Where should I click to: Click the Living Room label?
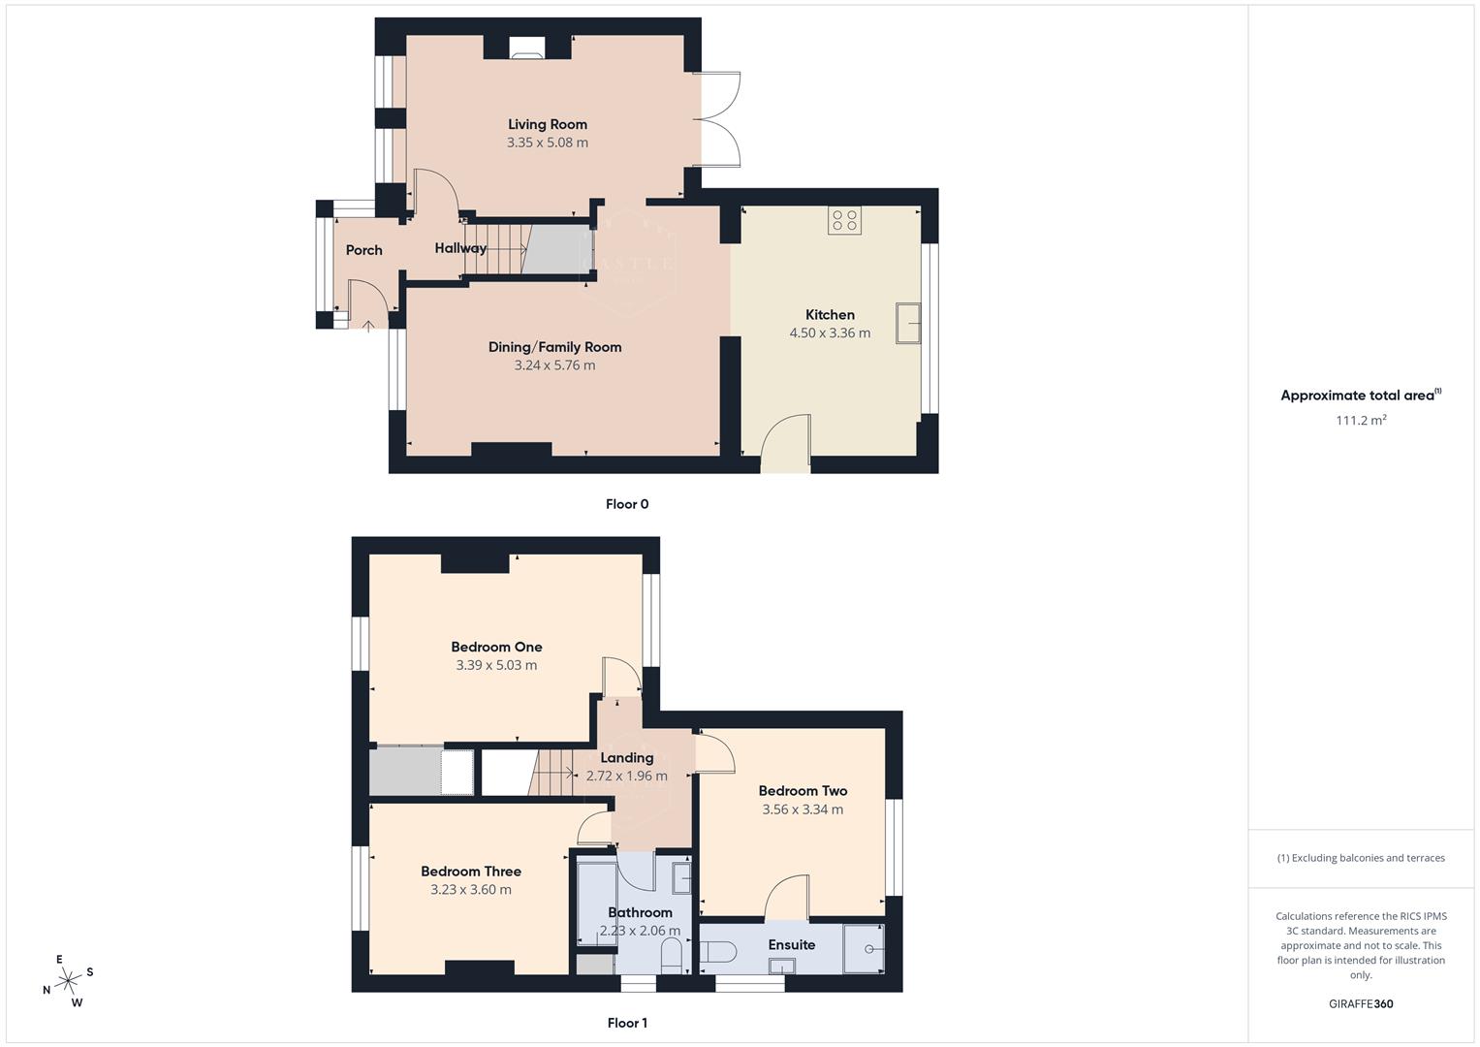pos(548,124)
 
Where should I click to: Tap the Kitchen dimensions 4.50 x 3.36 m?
pos(830,333)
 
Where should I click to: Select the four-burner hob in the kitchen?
pos(844,220)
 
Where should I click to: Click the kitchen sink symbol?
pos(908,323)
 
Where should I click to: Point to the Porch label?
pos(364,250)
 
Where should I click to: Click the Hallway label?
pos(460,248)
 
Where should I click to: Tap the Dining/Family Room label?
pos(554,347)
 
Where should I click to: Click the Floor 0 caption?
pos(627,504)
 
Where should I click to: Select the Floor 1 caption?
pos(627,1023)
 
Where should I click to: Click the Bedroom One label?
pos(496,647)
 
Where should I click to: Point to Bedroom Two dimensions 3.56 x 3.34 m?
pos(803,809)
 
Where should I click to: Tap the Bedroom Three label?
pos(471,872)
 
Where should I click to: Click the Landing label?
pos(627,758)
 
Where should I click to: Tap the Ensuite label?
pos(791,945)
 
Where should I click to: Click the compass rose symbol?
pos(68,981)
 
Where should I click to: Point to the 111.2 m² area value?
pos(1361,420)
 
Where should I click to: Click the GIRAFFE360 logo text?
pos(1361,1003)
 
